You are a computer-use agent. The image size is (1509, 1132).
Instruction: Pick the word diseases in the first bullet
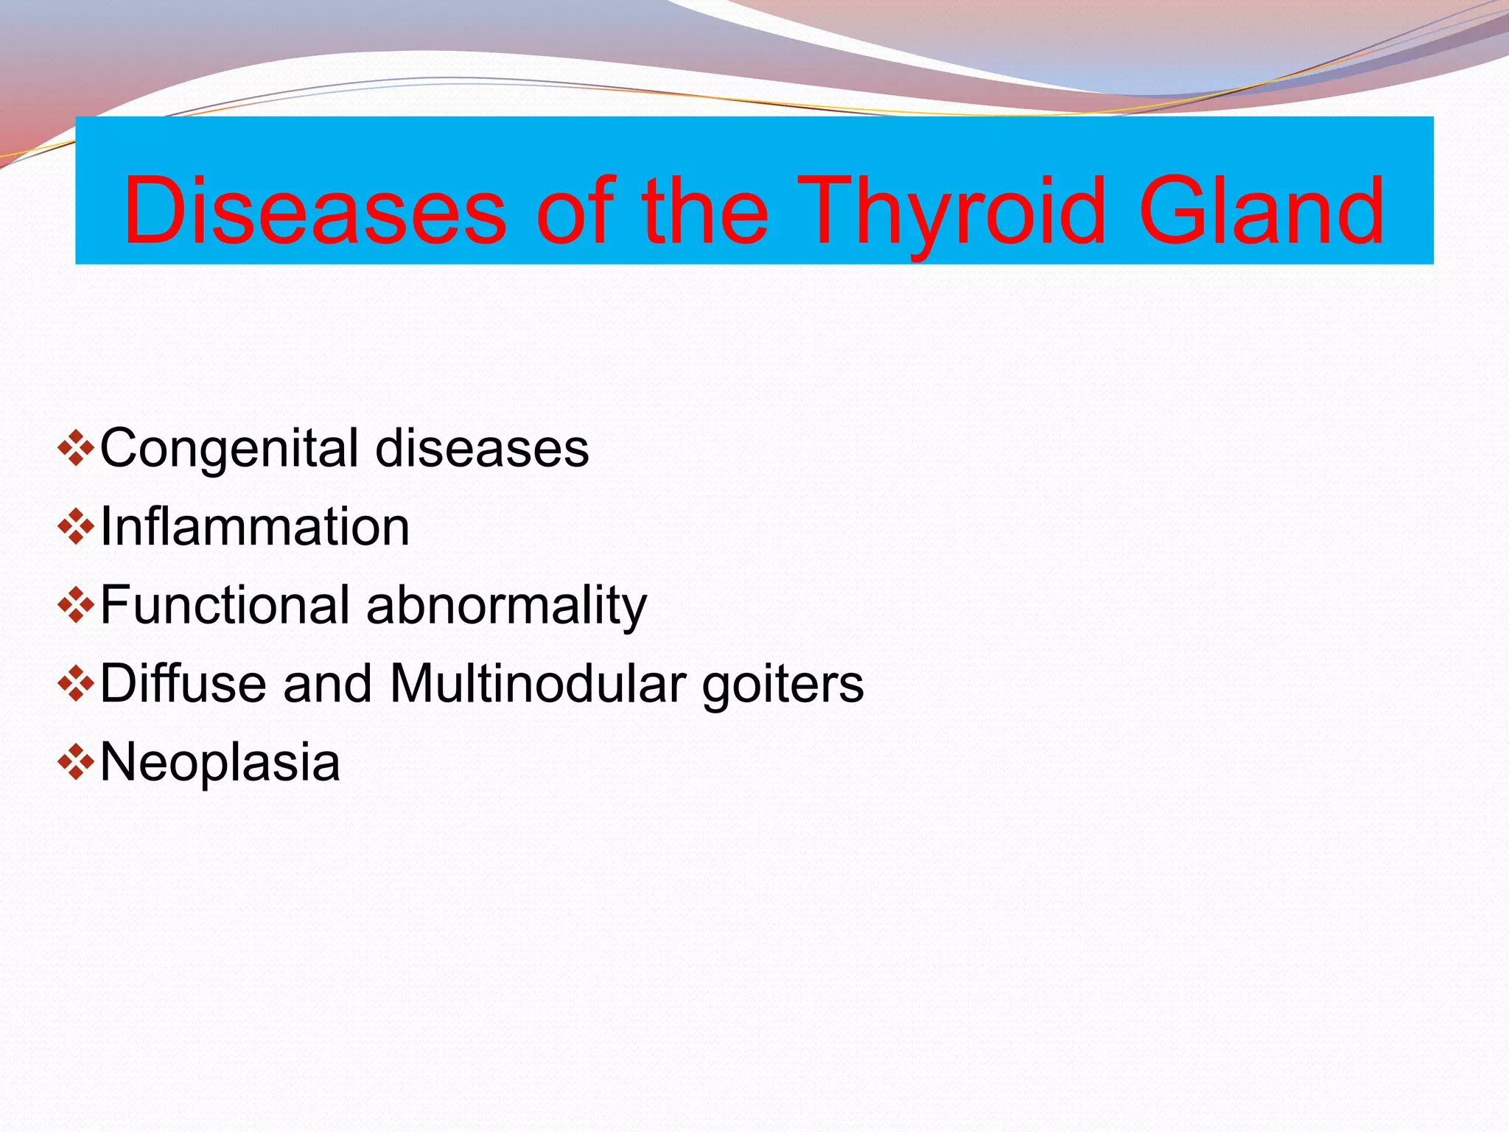[482, 448]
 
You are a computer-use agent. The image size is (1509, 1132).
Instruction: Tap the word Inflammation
[254, 527]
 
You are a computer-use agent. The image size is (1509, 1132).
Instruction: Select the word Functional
[225, 605]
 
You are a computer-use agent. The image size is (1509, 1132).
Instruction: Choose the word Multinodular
[538, 683]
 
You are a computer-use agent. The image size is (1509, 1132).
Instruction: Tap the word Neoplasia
[220, 764]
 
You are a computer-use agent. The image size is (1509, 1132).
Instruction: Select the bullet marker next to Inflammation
[75, 526]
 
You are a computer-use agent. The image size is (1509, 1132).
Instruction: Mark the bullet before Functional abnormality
[75, 605]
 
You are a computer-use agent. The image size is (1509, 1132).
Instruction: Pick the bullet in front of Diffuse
[75, 683]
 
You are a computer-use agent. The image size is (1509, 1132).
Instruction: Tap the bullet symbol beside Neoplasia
[75, 762]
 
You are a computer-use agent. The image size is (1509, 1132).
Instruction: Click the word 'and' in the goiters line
[327, 683]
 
